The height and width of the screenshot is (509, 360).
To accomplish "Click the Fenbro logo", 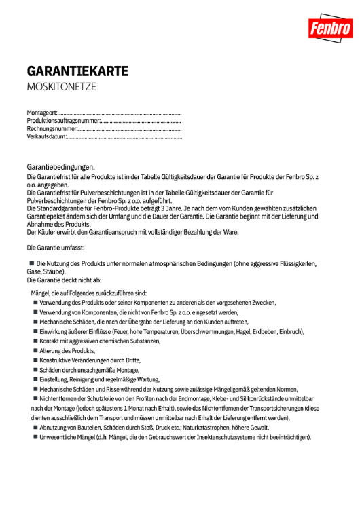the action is coord(330,28).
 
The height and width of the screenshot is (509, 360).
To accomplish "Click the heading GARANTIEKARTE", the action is coord(77,71).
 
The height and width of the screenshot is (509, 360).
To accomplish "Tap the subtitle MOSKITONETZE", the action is coord(61,87).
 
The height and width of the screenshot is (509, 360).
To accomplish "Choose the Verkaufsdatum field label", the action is coord(46,136).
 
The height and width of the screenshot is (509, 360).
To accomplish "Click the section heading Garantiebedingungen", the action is coord(60,166).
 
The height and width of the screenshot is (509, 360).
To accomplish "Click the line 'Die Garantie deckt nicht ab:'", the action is coord(64,280).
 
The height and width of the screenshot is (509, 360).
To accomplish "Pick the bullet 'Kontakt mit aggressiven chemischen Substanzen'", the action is coord(99,341).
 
